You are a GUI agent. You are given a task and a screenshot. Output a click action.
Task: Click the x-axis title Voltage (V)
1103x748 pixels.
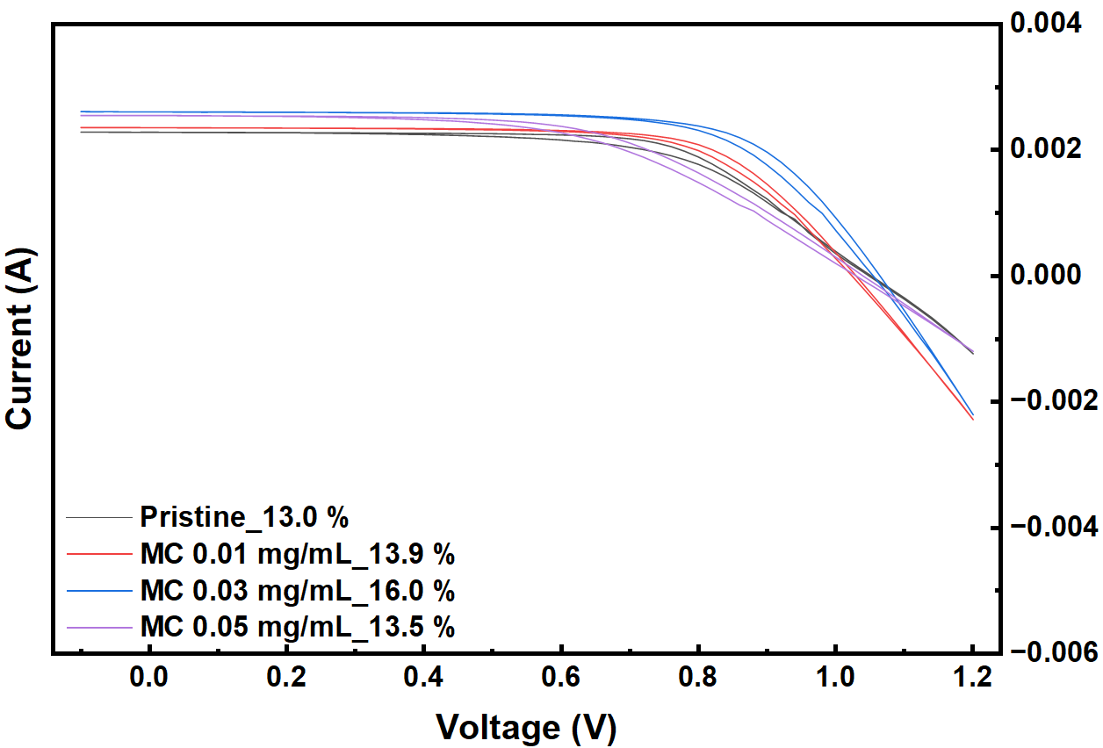coord(526,727)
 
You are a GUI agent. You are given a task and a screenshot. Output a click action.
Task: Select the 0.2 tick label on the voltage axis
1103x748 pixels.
coord(286,679)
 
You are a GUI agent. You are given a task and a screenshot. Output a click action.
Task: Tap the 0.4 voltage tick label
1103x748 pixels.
coord(423,679)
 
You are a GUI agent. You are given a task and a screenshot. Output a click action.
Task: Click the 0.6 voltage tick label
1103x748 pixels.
coord(560,679)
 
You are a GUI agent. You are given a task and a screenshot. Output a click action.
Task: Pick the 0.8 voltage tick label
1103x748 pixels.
coord(698,679)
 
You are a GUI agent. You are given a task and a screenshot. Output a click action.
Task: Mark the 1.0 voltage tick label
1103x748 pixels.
coord(835,679)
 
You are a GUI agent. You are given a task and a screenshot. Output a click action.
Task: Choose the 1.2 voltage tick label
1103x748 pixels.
coord(972,679)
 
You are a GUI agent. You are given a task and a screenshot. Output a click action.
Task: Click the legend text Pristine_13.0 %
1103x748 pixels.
coord(244,517)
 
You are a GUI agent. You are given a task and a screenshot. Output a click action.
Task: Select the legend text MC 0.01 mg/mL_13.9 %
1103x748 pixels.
coord(297,554)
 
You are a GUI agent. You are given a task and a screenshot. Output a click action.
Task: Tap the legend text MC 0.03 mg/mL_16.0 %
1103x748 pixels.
coord(297,590)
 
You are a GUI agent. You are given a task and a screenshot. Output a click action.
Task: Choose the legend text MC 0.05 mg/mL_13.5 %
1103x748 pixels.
coord(297,626)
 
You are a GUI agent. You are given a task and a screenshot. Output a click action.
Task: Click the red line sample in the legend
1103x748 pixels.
coord(99,554)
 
